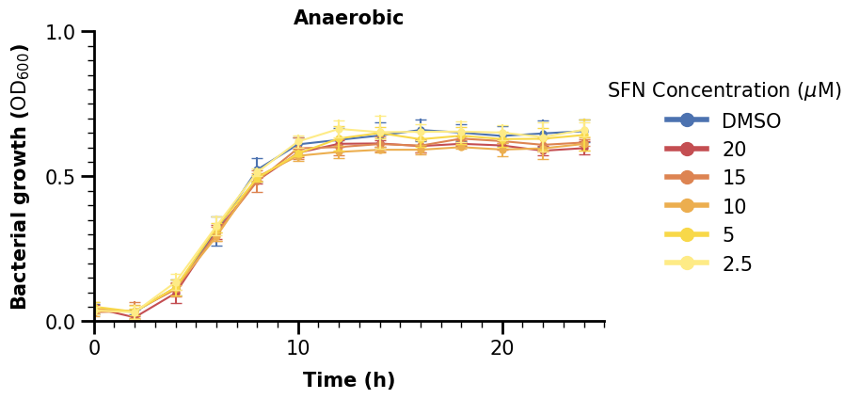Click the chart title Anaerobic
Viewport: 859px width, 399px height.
coord(348,18)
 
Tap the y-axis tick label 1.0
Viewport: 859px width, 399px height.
coord(63,32)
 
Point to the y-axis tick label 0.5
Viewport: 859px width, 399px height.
coord(63,177)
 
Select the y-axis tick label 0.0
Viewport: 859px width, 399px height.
coord(63,322)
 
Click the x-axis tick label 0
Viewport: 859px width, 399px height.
coord(95,347)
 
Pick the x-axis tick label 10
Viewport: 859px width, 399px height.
coord(298,347)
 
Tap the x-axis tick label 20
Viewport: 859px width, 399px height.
coord(502,347)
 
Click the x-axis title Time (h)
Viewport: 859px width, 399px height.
coord(349,380)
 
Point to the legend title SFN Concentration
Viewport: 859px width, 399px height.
coord(724,90)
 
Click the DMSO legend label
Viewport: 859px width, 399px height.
coord(751,120)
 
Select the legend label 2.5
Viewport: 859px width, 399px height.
coord(737,263)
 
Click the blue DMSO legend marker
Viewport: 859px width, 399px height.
coord(687,120)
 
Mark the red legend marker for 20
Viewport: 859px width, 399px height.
coord(687,149)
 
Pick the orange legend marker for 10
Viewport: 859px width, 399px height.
coord(687,206)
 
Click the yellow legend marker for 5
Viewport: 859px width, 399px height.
coord(687,234)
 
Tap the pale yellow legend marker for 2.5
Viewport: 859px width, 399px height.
coord(687,263)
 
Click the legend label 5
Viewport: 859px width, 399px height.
coord(728,234)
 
